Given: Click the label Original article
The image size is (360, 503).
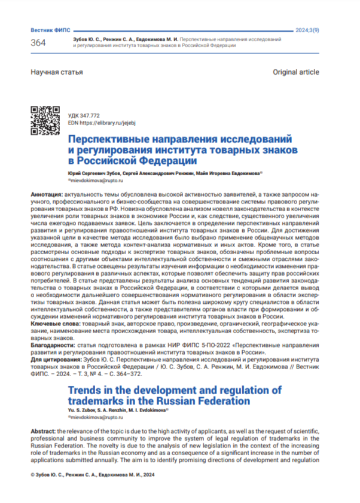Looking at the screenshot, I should click(295, 72).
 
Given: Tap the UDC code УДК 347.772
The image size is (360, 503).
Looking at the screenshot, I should click(84, 114).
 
